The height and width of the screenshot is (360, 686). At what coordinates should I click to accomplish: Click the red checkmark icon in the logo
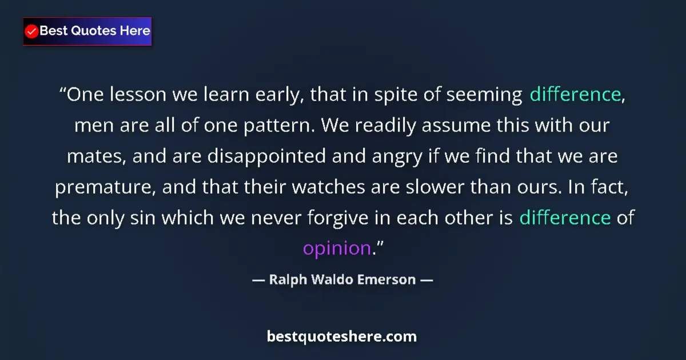(32, 31)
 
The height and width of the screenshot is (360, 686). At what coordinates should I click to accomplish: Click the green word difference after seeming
(575, 94)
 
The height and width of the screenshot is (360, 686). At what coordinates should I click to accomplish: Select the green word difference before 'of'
(565, 218)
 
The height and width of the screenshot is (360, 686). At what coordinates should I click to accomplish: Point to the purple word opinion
(337, 249)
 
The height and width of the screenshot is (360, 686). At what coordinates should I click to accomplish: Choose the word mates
(94, 156)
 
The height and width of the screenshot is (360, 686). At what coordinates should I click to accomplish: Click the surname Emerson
(389, 281)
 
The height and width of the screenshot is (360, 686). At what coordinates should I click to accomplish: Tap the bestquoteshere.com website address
(342, 337)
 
